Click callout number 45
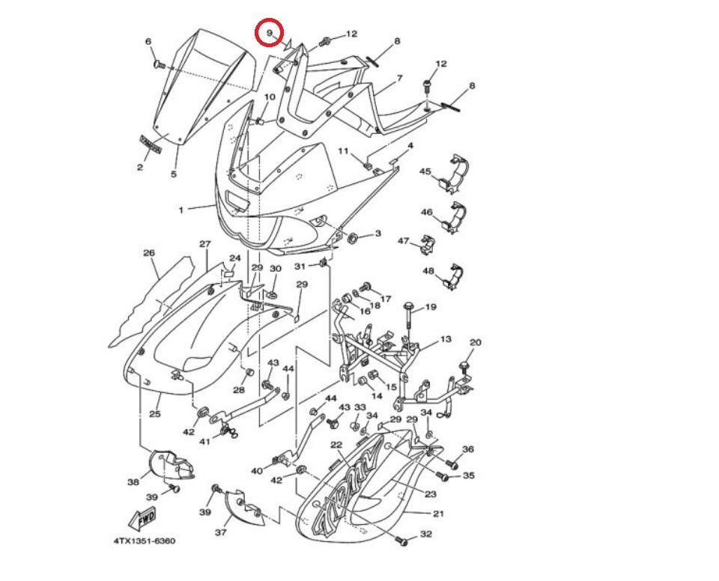coord(425,172)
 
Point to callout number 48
coord(428,271)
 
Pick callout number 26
coord(149,253)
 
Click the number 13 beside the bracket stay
coord(446,339)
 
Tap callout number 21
coord(438,514)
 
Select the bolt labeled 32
coord(403,539)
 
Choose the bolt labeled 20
coord(463,367)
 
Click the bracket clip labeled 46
coord(457,215)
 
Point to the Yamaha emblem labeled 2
coord(150,143)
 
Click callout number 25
coord(155,413)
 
